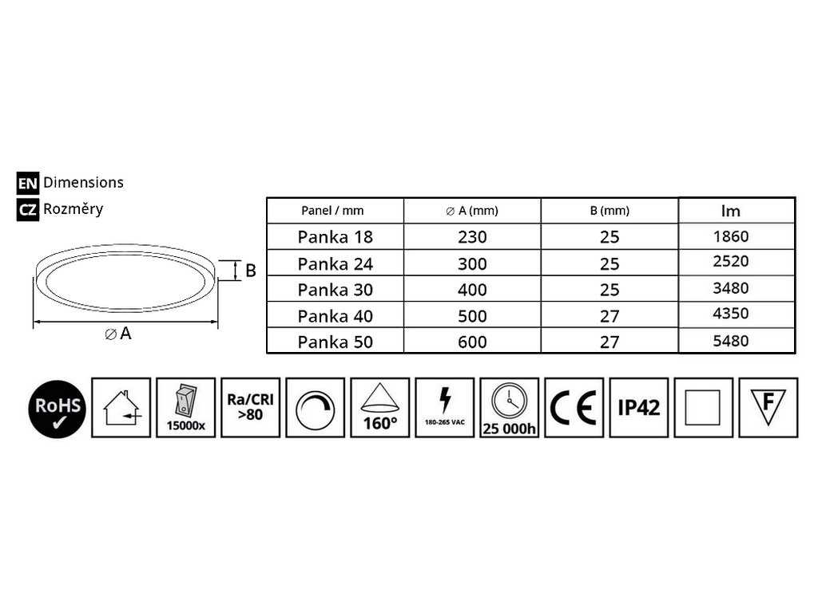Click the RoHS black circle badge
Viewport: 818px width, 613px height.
[x=58, y=409]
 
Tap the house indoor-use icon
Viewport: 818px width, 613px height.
[x=121, y=408]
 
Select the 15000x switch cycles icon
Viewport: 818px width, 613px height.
[x=185, y=408]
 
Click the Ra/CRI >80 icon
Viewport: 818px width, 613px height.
[x=250, y=408]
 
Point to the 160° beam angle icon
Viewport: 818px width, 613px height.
[x=379, y=408]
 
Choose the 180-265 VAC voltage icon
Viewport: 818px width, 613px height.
[x=444, y=408]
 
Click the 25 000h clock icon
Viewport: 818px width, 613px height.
[x=509, y=408]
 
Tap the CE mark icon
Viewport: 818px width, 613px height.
[x=574, y=408]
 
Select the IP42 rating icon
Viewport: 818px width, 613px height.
[x=638, y=408]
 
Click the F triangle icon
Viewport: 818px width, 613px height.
[x=768, y=408]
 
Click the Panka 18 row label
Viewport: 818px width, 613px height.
[x=335, y=237]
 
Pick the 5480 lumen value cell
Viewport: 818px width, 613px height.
[x=731, y=341]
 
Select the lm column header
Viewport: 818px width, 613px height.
[x=730, y=211]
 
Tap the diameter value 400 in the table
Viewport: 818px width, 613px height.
[x=472, y=290]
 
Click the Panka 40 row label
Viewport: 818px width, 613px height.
[x=335, y=316]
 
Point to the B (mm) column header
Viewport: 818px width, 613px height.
[x=610, y=211]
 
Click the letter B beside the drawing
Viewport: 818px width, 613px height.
[x=250, y=271]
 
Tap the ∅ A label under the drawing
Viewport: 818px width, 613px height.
[x=118, y=334]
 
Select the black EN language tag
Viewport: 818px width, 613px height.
[x=28, y=183]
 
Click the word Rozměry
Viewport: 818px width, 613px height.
[x=73, y=208]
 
